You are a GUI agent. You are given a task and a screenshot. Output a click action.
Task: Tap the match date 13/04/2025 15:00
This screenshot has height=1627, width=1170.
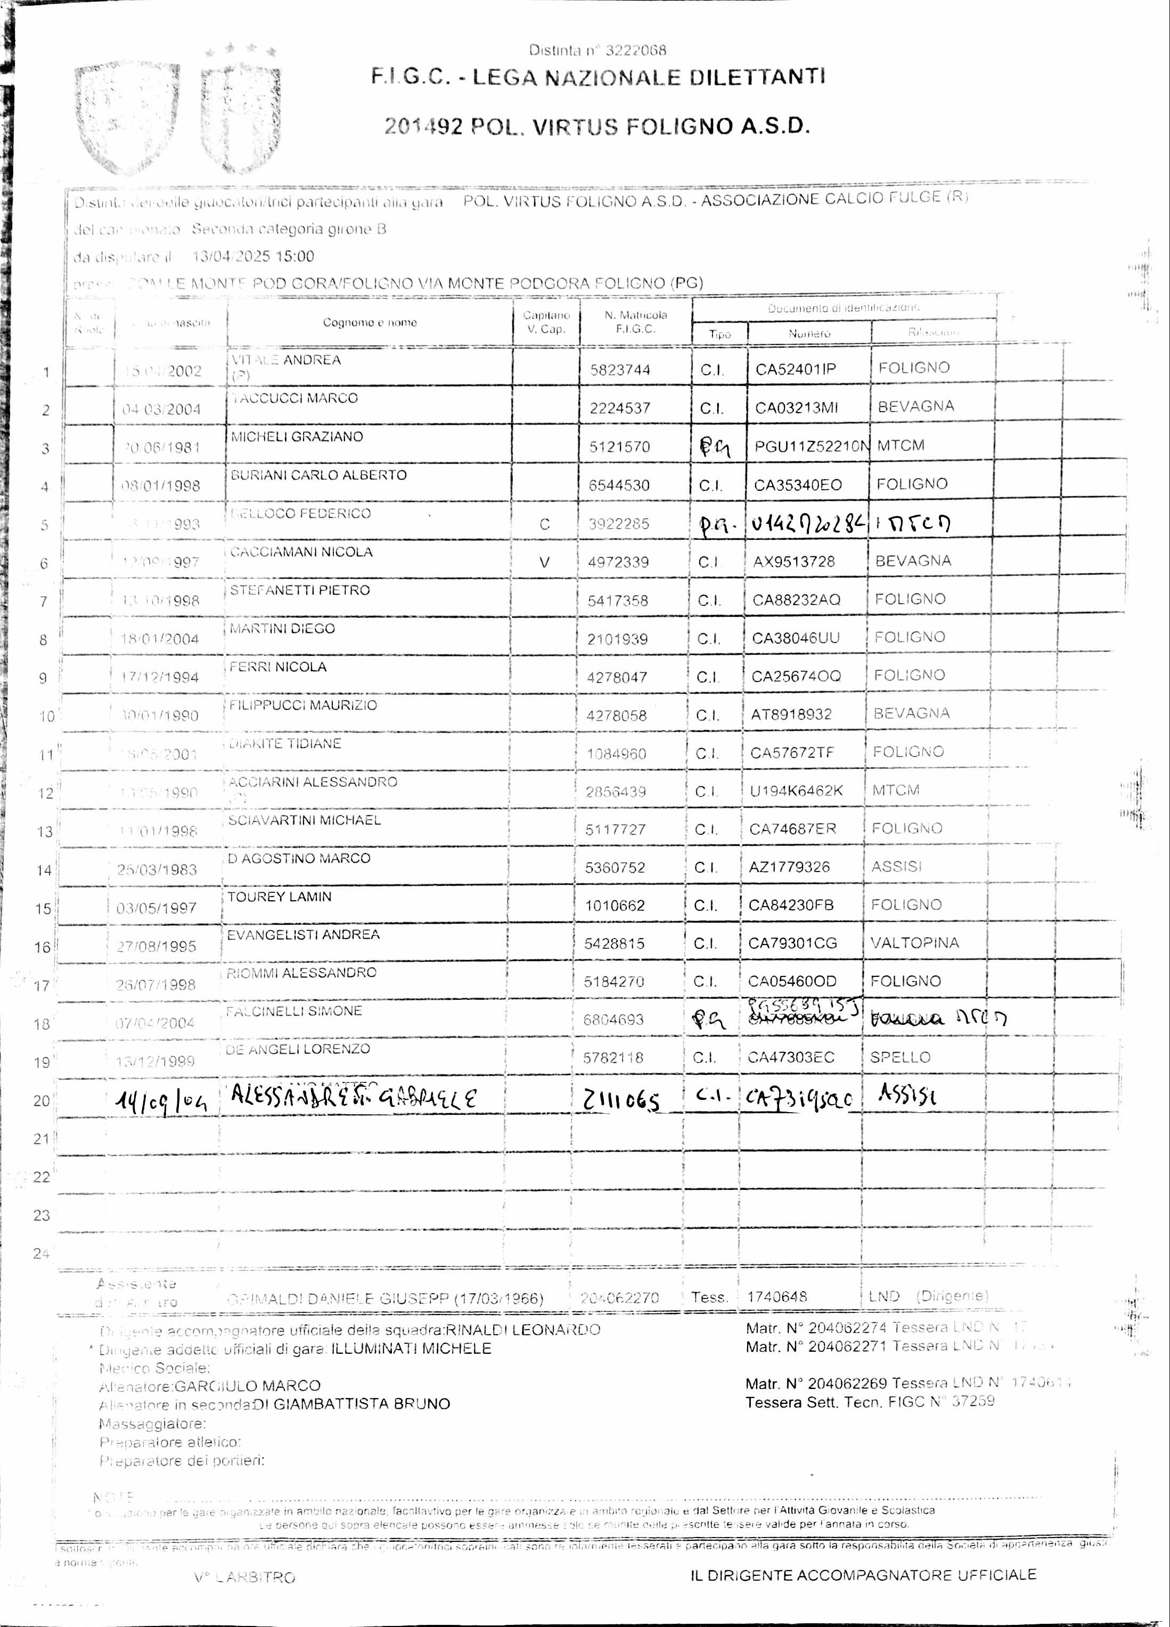point(253,256)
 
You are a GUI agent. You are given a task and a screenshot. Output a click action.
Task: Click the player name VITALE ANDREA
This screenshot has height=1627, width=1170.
point(285,360)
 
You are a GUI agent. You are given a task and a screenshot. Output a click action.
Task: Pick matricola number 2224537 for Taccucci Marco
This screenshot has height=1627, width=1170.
point(619,408)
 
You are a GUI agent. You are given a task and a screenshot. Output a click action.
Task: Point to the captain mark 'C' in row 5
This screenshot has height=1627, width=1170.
point(545,524)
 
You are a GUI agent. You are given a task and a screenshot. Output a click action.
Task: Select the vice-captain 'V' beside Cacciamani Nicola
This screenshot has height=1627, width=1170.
point(545,562)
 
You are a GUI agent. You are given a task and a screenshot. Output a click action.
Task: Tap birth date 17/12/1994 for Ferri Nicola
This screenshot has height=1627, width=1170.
point(159,677)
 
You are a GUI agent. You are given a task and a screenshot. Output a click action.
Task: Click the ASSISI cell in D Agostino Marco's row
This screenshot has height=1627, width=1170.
point(896,867)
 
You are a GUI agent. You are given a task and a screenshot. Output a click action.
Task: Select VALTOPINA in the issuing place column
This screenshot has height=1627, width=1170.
point(914,943)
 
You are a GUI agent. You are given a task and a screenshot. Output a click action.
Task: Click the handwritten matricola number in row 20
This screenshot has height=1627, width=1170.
point(621,1099)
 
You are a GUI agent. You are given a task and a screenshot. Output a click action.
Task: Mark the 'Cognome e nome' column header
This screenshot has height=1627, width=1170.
point(369,323)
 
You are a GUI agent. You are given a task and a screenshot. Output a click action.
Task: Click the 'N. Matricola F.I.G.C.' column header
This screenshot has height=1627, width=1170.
point(635,322)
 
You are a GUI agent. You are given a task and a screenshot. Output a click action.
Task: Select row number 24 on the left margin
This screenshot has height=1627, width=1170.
point(41,1253)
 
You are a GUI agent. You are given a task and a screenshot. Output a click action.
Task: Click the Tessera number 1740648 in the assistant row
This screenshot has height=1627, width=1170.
point(776,1296)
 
